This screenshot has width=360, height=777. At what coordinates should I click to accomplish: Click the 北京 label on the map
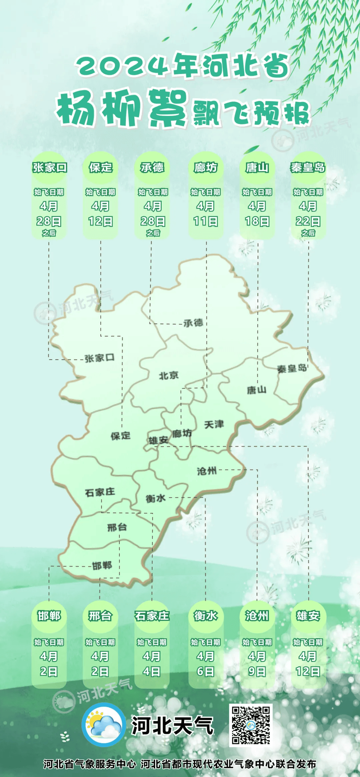click(x=169, y=376)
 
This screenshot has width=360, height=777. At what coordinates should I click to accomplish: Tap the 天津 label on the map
click(x=214, y=424)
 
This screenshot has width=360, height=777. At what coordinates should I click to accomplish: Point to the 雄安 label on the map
click(x=158, y=440)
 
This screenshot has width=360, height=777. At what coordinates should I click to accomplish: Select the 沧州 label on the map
click(x=207, y=471)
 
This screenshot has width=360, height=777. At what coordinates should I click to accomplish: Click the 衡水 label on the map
click(x=155, y=498)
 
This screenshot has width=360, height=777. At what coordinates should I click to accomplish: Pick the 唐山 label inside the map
click(x=257, y=390)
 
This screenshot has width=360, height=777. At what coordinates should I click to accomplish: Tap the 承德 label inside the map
click(x=193, y=323)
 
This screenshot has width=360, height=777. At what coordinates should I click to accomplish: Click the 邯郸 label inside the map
click(x=102, y=565)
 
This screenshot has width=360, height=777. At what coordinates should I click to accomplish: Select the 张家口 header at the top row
click(x=50, y=168)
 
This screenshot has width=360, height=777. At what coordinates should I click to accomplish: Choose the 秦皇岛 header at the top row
click(x=308, y=168)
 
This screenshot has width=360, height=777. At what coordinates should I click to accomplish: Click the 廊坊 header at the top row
click(x=206, y=168)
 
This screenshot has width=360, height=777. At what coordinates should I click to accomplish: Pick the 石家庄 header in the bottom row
click(x=152, y=616)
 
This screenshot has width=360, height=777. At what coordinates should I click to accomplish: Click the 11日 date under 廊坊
click(x=206, y=221)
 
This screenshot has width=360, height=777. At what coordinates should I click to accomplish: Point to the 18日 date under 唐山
click(x=257, y=221)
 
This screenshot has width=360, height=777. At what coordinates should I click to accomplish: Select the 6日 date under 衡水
click(x=205, y=671)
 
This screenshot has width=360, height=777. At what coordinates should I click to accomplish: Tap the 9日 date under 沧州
click(x=257, y=671)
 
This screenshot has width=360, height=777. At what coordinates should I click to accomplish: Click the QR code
click(x=251, y=725)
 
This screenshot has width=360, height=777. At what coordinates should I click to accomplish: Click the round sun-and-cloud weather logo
click(x=104, y=725)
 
